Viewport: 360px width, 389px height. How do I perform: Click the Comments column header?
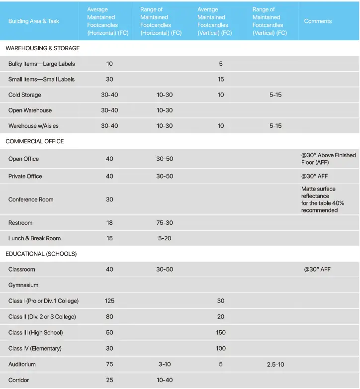(x=318, y=21)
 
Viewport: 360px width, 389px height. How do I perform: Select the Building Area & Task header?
(x=34, y=21)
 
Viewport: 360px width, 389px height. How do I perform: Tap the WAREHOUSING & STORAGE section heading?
(x=43, y=48)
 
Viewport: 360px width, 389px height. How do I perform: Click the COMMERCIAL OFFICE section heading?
(x=35, y=141)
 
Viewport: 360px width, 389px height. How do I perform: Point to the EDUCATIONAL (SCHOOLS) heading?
(x=41, y=254)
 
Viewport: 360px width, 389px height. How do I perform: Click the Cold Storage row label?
(x=25, y=95)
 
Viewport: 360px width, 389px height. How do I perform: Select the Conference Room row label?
(x=31, y=199)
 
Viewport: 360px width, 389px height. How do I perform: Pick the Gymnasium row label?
(x=23, y=285)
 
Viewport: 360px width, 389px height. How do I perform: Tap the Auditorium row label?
(x=22, y=364)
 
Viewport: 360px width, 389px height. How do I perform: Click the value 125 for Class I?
(x=109, y=301)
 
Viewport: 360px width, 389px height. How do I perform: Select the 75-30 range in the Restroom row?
(x=165, y=223)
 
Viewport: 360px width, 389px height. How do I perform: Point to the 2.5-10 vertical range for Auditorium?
(x=275, y=364)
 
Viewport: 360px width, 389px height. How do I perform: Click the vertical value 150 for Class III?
(x=221, y=332)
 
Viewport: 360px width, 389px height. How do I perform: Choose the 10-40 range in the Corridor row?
(x=165, y=380)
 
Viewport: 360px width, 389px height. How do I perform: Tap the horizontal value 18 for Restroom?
(x=109, y=223)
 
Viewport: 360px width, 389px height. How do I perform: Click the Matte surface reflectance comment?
(x=322, y=199)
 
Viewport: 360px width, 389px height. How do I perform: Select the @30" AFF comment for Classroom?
(x=317, y=269)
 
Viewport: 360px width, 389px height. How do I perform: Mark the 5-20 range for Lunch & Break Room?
(x=165, y=238)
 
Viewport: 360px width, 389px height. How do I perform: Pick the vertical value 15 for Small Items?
(x=221, y=80)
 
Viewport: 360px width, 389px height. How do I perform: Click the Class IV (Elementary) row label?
(x=35, y=348)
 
